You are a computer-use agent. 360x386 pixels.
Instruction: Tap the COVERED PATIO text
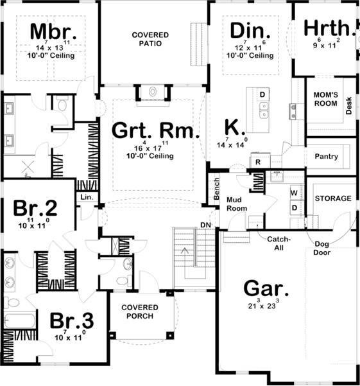[x=150, y=39]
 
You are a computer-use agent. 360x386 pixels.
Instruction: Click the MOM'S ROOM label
[x=325, y=99]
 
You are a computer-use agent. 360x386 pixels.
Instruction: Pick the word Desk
[x=349, y=106]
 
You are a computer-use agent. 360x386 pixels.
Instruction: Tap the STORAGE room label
[x=332, y=198]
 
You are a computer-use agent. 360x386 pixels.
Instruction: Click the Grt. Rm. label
[x=157, y=130]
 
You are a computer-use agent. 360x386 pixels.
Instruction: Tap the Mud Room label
[x=237, y=204]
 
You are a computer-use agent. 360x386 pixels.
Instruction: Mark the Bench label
[x=216, y=188]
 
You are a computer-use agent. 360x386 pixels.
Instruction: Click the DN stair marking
[x=206, y=224]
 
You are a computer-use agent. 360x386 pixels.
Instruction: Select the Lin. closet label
[x=86, y=198]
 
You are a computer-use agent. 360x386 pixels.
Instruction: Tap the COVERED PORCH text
[x=140, y=312]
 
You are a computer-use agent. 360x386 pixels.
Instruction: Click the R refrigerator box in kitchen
[x=257, y=162]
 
